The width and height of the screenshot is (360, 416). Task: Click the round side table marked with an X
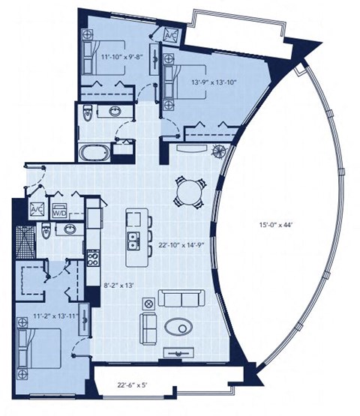(x=147, y=303)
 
